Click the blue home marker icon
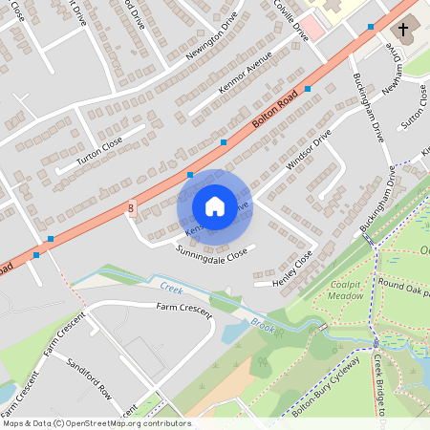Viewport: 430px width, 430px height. pos(215,206)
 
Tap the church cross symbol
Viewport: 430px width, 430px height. pos(402,30)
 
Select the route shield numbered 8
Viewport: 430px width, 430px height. pos(131,207)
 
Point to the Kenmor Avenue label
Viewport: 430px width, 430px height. pos(246,73)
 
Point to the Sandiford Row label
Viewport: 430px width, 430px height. pos(89,379)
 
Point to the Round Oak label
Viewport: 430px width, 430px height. pos(402,284)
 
